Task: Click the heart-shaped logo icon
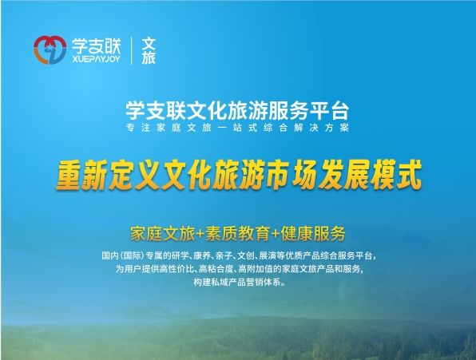point(50,50)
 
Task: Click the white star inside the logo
point(48,48)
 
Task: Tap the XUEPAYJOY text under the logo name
point(96,59)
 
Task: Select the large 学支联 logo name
point(96,45)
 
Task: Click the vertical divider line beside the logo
point(132,50)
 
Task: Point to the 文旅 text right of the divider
point(149,51)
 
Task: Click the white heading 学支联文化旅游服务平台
point(237,110)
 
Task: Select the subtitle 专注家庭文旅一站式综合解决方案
point(237,128)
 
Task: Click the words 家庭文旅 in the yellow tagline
point(162,234)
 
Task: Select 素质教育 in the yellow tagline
point(238,234)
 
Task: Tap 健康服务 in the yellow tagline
point(313,234)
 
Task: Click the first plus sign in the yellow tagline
point(200,234)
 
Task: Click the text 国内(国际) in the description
point(123,255)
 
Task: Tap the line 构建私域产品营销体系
point(240,283)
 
